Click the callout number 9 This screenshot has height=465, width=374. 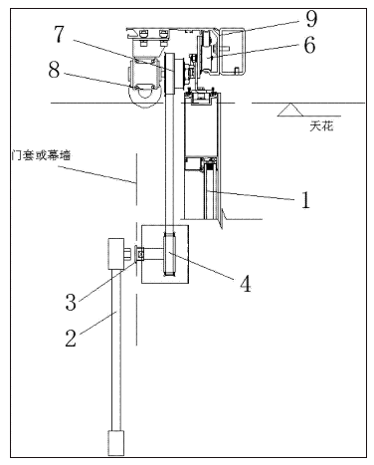[311, 19]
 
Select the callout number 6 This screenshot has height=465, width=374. [309, 45]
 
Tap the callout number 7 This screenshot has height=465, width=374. [59, 34]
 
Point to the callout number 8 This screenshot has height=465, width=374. [55, 70]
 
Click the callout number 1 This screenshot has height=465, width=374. [305, 200]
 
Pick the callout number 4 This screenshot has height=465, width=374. [245, 284]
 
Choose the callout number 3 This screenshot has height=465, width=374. [71, 302]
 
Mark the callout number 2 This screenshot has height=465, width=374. [71, 339]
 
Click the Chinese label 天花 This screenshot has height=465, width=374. [321, 126]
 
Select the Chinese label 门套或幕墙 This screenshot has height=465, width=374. [41, 155]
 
